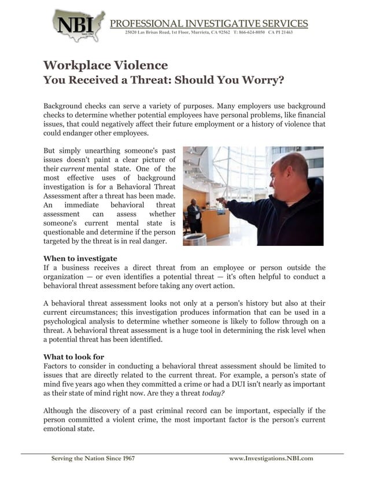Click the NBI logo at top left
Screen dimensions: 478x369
pos(78,25)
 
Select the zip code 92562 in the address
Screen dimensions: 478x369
pos(221,32)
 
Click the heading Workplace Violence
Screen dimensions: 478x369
pos(106,65)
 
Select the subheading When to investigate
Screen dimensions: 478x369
pos(80,258)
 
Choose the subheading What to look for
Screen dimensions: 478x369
pos(74,356)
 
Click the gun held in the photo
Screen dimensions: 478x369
pos(220,198)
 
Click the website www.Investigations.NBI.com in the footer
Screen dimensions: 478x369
pos(271,458)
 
